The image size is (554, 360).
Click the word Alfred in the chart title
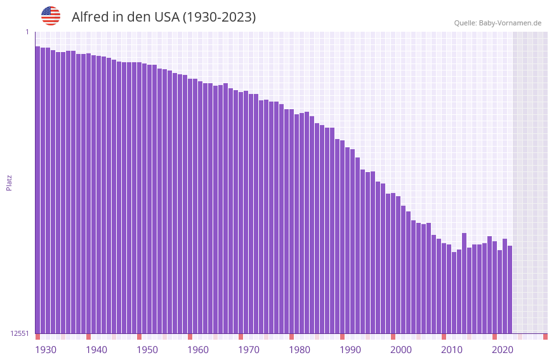89,17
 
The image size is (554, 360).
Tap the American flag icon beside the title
51,16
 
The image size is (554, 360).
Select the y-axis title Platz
9,182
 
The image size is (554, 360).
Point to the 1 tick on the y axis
27,32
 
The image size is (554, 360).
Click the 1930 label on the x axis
46,350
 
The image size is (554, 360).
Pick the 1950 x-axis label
147,350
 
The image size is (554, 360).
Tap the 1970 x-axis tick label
249,350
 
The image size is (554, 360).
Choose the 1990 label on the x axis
350,350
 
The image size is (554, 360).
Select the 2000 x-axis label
401,350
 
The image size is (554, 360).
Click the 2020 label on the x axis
503,350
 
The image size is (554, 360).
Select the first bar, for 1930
37,190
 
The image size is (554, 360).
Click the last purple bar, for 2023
510,289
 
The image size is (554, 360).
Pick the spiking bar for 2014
464,283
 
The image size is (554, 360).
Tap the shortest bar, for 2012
454,292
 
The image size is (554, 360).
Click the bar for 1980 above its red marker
291,222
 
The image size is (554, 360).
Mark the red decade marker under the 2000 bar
393,337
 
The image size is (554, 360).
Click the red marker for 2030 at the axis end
545,337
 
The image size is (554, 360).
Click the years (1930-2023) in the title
219,17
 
